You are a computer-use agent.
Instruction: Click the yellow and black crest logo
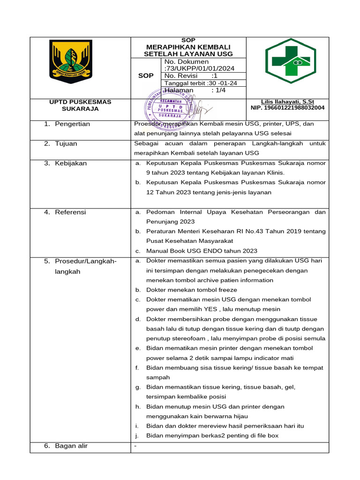point(72,61)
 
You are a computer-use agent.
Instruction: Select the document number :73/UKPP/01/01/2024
point(199,68)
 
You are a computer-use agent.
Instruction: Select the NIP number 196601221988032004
point(288,108)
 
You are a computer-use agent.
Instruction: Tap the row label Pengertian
point(72,124)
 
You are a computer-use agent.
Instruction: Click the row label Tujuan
point(66,144)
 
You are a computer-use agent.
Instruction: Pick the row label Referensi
point(70,212)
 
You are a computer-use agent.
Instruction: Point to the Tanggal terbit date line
point(201,83)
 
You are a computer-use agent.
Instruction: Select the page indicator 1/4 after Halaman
point(218,90)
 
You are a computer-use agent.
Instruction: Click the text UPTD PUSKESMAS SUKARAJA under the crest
point(81,105)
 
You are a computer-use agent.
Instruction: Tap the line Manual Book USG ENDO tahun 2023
point(202,251)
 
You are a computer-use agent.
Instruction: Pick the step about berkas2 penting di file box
point(212,435)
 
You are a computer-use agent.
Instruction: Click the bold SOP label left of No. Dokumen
point(146,76)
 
